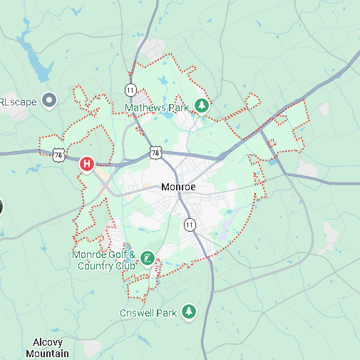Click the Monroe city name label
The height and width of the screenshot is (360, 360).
pos(178,187)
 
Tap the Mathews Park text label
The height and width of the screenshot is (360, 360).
pos(156,108)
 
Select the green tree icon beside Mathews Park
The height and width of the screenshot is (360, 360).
pos(202,106)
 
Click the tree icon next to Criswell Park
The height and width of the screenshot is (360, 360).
pos(189,312)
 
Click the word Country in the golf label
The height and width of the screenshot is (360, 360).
pos(93,266)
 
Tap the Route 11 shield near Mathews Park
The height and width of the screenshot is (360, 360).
pos(130,90)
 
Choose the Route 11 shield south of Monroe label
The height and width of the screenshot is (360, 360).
pos(189,225)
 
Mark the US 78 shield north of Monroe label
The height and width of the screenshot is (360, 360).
pos(156,153)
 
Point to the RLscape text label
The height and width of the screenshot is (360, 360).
pos(17,101)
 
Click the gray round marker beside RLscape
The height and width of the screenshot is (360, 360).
pos(49,101)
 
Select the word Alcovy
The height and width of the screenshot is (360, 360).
pos(47,343)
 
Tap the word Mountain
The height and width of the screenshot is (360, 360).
pos(47,354)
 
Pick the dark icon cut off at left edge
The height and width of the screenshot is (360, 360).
pos(1,207)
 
